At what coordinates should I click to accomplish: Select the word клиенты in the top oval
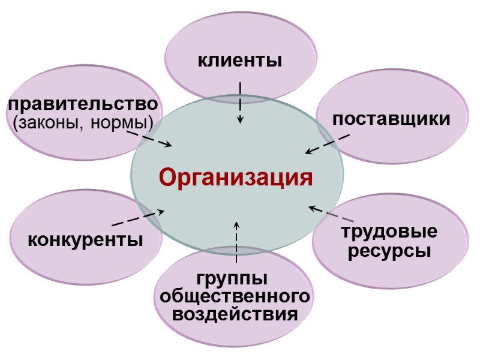point(240,61)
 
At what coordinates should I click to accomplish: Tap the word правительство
point(83,104)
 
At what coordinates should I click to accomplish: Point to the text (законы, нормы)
point(83,124)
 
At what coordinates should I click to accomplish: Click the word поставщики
point(392,119)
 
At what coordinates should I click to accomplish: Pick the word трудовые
point(389,232)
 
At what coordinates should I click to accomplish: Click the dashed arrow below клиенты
point(240,103)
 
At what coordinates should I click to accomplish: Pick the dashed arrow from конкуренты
point(138,218)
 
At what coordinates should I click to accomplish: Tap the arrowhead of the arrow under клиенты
point(240,121)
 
